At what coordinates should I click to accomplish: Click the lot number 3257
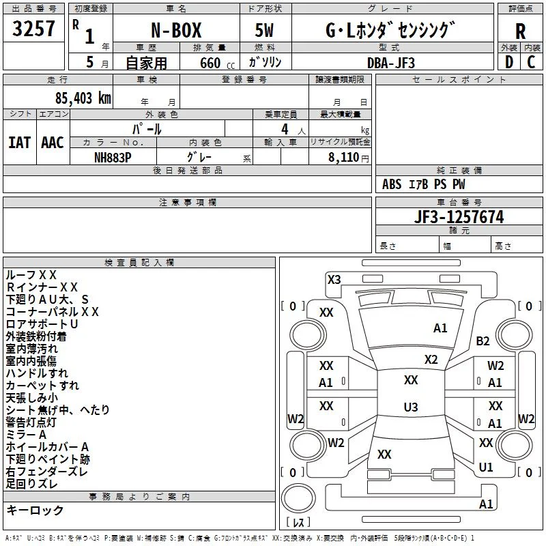33,29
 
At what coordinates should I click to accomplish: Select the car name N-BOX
176,30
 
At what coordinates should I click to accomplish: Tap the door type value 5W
264,30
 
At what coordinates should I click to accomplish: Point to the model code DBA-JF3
391,63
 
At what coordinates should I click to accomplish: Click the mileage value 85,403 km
83,98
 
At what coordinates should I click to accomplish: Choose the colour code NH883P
113,158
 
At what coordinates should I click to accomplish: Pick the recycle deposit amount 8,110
344,158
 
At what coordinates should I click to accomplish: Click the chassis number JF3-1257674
459,217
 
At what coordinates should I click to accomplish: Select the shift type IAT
20,143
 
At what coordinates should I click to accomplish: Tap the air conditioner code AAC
53,143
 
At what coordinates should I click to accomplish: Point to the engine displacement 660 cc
217,63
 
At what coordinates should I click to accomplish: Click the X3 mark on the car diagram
334,280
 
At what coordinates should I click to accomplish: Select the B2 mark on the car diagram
483,341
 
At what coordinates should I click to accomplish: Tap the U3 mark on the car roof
411,407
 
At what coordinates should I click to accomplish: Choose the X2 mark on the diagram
431,360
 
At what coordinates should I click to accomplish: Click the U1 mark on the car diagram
485,467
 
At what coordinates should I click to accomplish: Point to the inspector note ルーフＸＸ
31,275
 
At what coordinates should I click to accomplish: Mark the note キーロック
35,511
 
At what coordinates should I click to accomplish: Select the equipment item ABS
392,184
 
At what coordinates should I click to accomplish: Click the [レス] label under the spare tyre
298,522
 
